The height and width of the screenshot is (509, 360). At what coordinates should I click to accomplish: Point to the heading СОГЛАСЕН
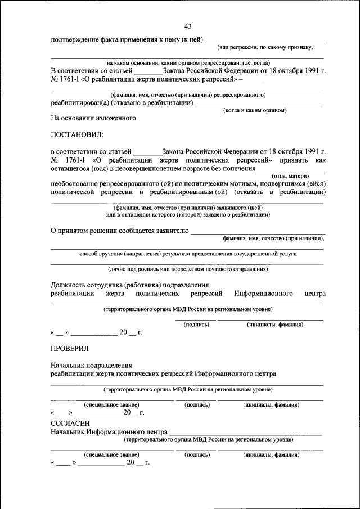click(x=70, y=422)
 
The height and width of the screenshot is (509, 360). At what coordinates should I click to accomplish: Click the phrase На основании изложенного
click(x=93, y=119)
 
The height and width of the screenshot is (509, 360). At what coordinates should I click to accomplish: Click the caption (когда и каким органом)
click(x=255, y=110)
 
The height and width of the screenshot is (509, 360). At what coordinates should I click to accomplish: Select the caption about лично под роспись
click(x=188, y=269)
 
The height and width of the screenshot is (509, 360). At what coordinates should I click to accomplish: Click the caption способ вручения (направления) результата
click(x=188, y=254)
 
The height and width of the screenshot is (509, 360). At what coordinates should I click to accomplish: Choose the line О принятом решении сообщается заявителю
click(x=120, y=230)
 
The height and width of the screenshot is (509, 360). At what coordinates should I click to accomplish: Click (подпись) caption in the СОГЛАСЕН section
click(x=197, y=454)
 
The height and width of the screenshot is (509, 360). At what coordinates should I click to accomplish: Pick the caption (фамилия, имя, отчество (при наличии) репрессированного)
click(x=188, y=95)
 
